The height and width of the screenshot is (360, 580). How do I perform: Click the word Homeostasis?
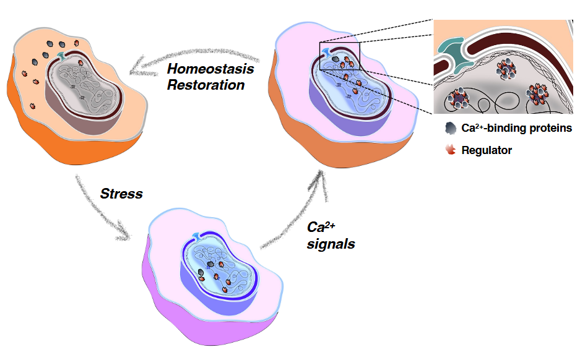click(210, 69)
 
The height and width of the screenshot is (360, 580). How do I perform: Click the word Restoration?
click(206, 85)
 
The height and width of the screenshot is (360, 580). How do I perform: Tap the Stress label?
click(121, 194)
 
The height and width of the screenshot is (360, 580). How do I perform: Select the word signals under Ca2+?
click(331, 244)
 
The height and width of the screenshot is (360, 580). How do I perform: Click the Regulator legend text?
click(487, 150)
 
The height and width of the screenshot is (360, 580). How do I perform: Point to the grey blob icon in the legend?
click(450, 128)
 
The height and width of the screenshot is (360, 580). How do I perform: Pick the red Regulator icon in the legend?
click(450, 150)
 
